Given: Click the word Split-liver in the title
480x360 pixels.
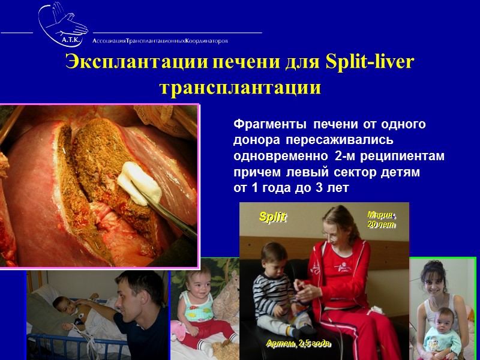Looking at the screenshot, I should [x=370, y=62].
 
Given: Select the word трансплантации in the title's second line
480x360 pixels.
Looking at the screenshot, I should [x=240, y=88].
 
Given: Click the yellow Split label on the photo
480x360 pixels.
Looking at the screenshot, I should [x=272, y=217].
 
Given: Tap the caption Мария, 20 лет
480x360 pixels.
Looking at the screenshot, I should [x=382, y=220].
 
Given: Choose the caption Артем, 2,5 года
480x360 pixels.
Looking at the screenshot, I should [x=298, y=344].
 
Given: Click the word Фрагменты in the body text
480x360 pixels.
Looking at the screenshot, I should [x=268, y=125].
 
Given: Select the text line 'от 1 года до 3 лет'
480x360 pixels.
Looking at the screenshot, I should [x=290, y=188].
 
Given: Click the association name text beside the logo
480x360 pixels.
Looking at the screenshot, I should [x=160, y=41].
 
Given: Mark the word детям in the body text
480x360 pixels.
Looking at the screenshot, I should [x=401, y=172].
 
